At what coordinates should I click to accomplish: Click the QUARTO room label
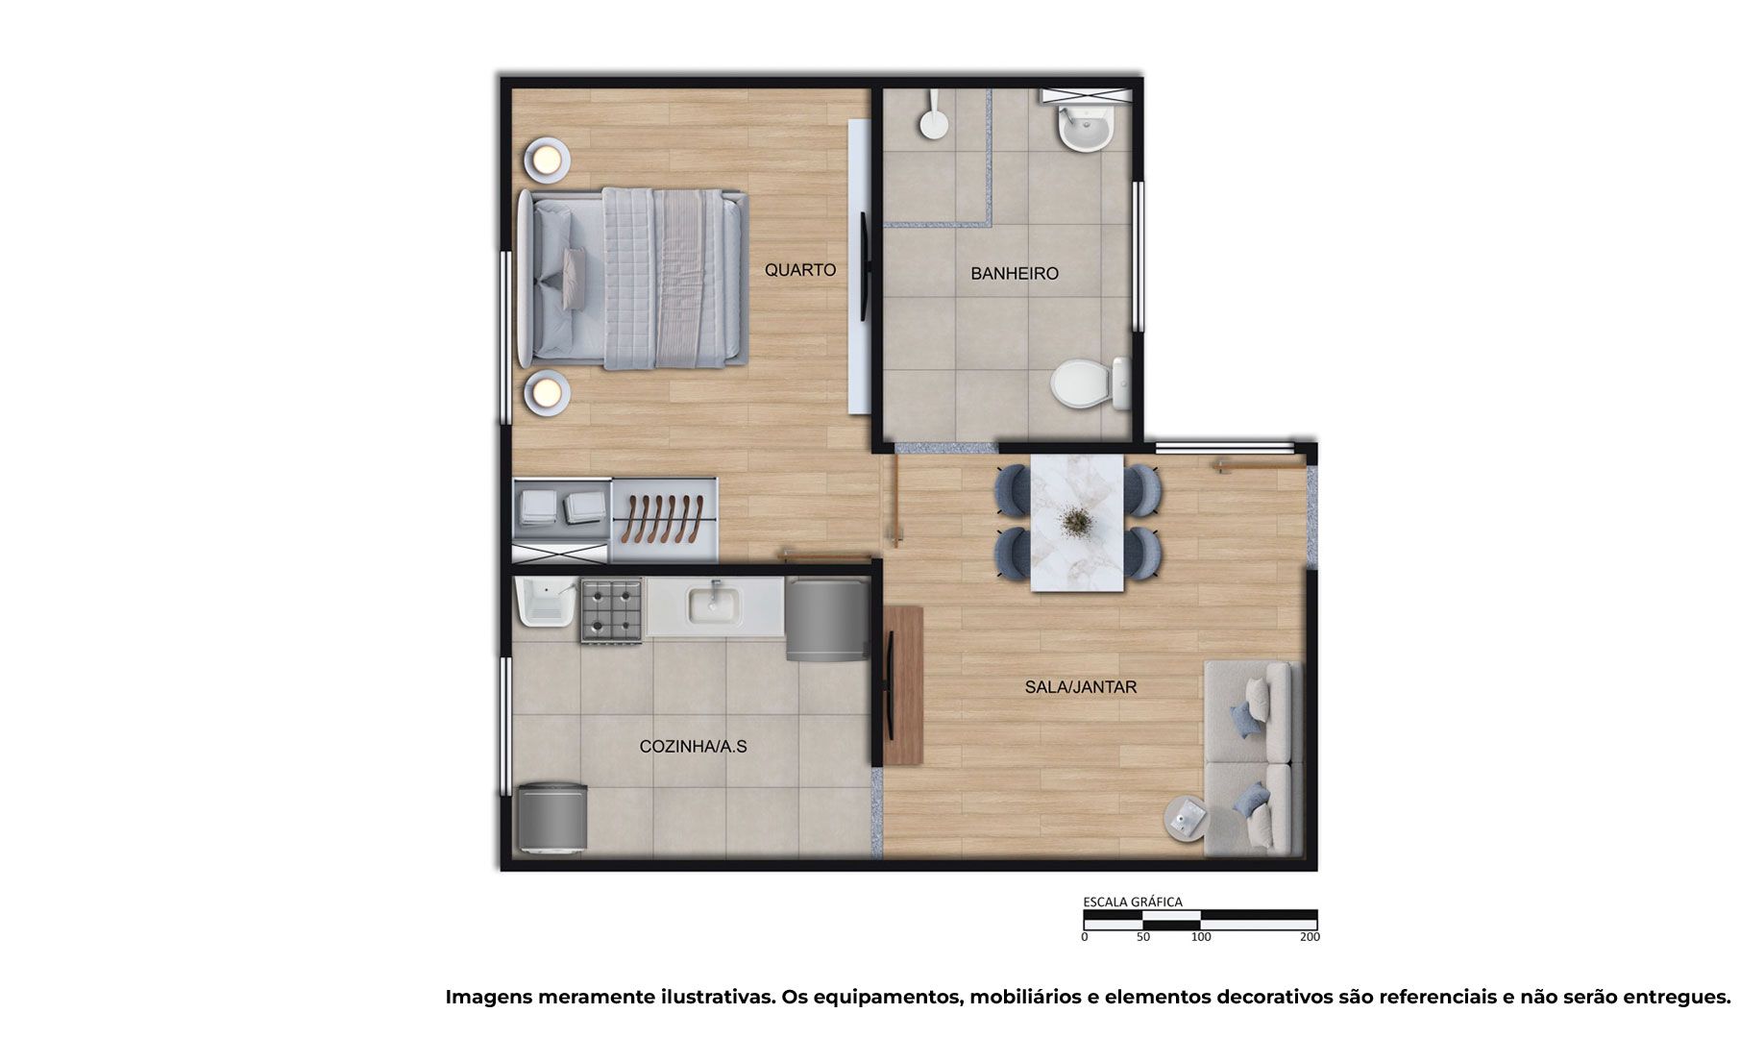799,270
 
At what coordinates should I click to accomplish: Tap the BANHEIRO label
1014,274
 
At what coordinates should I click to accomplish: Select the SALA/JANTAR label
1080,687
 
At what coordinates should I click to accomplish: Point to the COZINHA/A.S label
693,747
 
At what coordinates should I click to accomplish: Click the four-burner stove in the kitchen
611,611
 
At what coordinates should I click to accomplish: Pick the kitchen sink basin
713,605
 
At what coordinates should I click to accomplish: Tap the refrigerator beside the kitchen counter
827,619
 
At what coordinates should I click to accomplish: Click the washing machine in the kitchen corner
551,819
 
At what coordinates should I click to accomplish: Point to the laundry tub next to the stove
545,603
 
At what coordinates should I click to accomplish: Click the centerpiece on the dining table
1076,522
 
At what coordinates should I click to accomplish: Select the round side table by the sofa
1189,820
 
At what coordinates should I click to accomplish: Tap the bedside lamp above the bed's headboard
547,158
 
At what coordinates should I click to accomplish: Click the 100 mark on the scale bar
1201,937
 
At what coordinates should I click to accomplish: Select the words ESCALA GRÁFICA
1133,902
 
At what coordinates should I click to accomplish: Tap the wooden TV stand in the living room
903,685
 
